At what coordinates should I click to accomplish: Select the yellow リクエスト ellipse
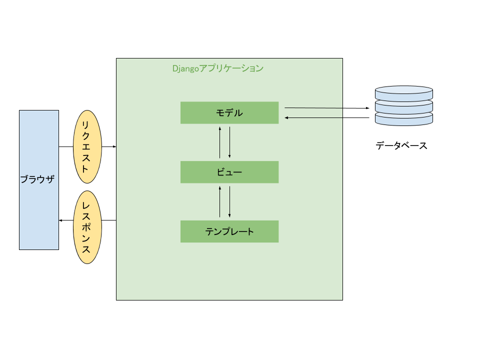[x=87, y=146]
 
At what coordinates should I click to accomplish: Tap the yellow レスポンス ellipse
[x=87, y=227]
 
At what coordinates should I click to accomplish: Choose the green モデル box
[x=229, y=112]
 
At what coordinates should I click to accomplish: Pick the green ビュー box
[x=229, y=172]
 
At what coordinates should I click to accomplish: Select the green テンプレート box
[x=229, y=231]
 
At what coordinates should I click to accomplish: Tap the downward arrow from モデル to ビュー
[x=230, y=142]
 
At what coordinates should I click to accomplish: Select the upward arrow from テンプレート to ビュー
[x=220, y=201]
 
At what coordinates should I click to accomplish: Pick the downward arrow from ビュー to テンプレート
[x=230, y=201]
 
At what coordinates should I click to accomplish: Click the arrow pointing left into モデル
[x=313, y=117]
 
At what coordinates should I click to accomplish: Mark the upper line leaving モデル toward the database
[x=313, y=107]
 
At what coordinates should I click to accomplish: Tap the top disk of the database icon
[x=404, y=93]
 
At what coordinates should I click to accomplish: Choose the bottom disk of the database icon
[x=404, y=119]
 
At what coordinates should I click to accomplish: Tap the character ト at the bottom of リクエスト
[x=85, y=168]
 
